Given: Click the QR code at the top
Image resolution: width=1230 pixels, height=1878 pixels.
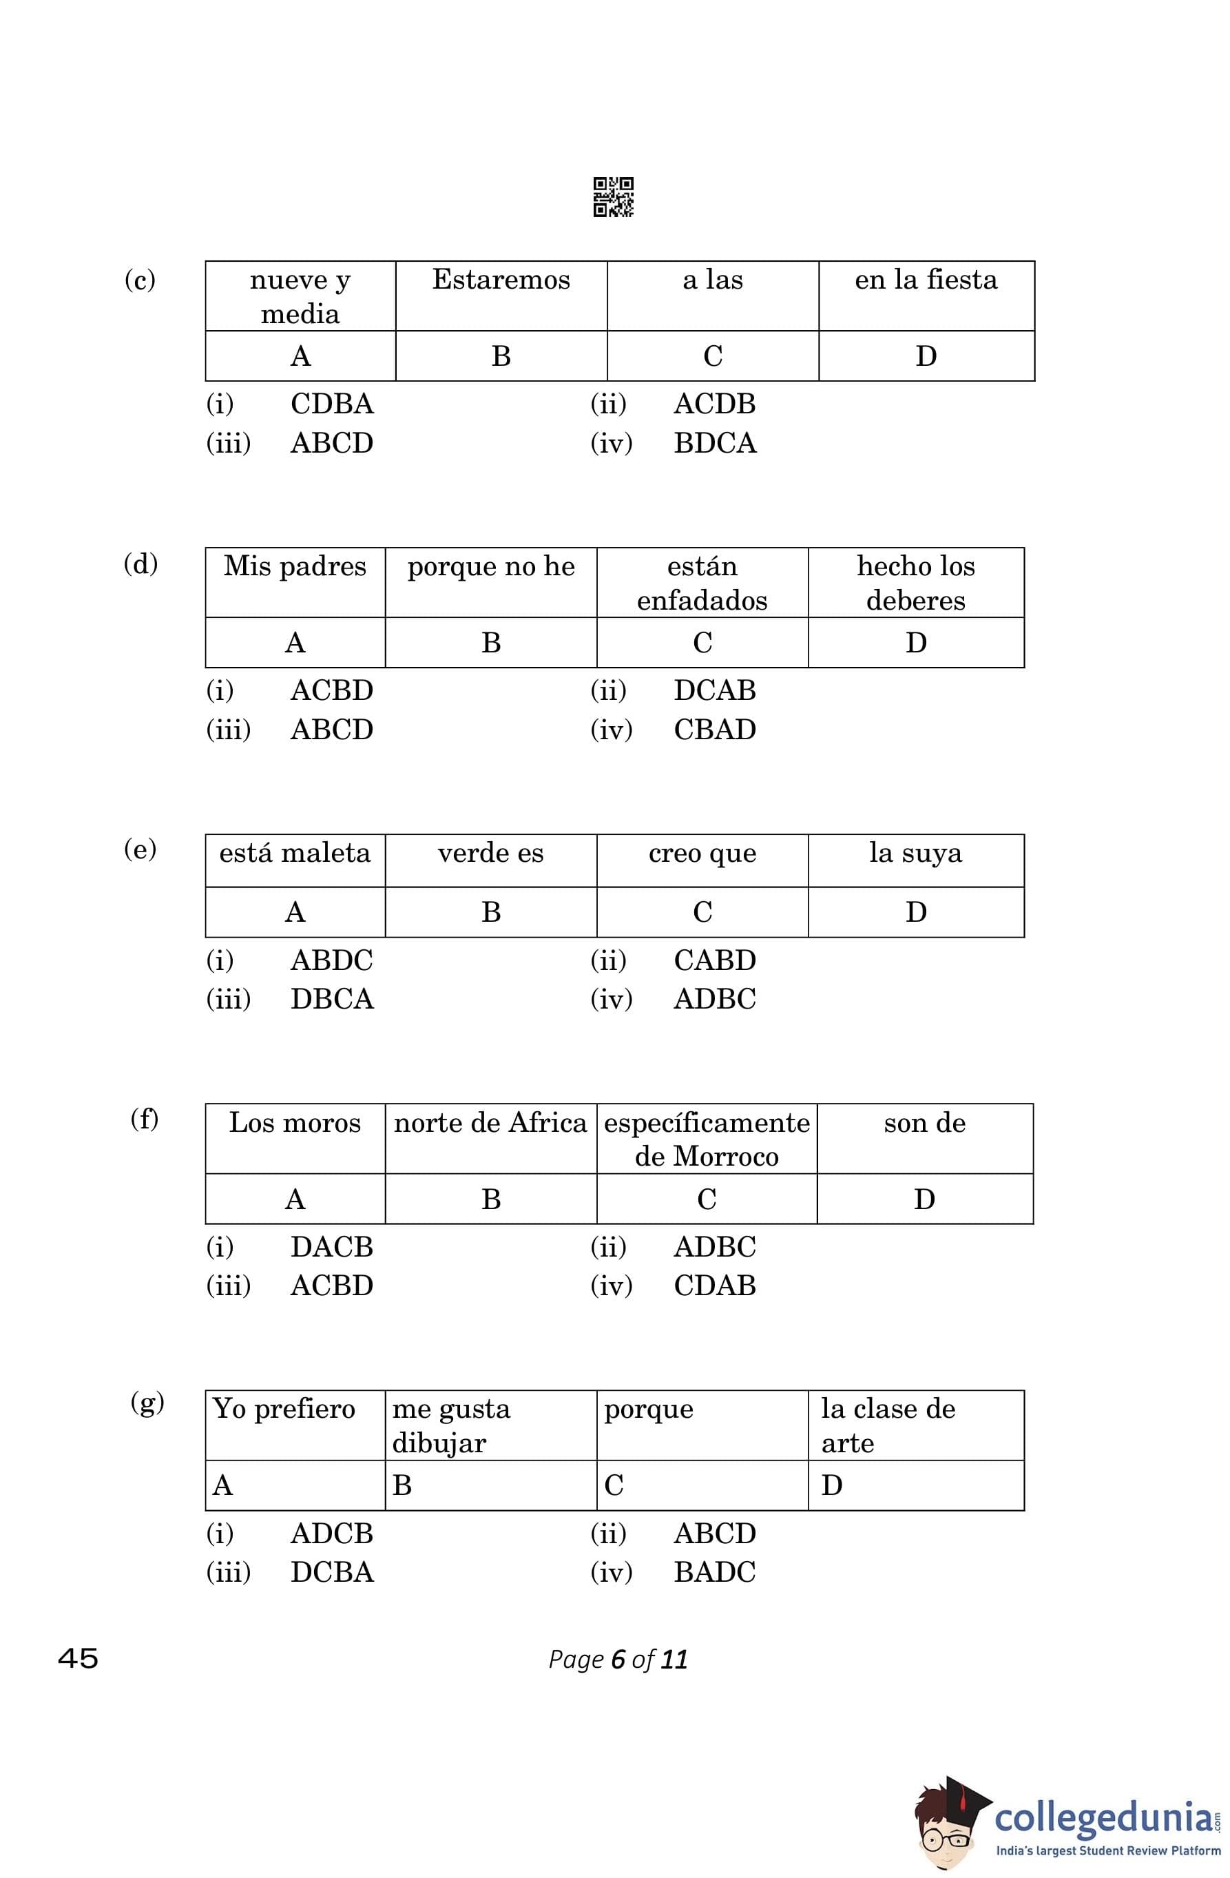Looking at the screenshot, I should pyautogui.click(x=613, y=196).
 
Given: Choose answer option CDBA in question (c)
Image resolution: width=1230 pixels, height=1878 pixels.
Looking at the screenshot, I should pyautogui.click(x=331, y=404).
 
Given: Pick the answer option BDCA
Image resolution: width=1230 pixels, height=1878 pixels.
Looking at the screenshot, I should pyautogui.click(x=714, y=444).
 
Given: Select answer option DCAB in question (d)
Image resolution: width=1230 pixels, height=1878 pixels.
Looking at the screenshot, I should pyautogui.click(x=714, y=690).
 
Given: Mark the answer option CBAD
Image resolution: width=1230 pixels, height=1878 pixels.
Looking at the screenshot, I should pyautogui.click(x=714, y=730).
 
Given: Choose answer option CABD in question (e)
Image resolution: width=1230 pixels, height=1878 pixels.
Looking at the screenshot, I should pyautogui.click(x=714, y=960).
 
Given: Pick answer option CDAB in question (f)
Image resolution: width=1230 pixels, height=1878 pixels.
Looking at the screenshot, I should pyautogui.click(x=714, y=1286).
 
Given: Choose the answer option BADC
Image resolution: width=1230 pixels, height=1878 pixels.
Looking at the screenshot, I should pyautogui.click(x=714, y=1573).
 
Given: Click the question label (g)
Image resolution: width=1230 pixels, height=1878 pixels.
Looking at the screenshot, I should pyautogui.click(x=147, y=1402).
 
